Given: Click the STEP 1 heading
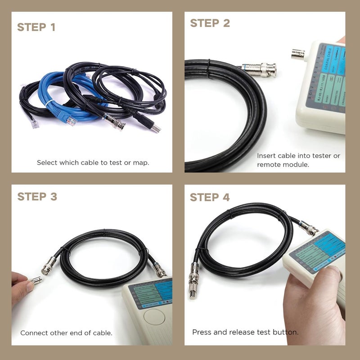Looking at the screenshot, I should [x=36, y=27].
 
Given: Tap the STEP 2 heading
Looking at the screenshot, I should [x=210, y=23].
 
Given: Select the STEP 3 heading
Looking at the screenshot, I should [x=37, y=197].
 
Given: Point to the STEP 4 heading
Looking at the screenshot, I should [x=210, y=197].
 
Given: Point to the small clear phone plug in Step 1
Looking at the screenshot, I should [x=34, y=123].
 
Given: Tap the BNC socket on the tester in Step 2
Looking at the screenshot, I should [x=298, y=54].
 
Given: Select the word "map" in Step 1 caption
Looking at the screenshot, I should [x=141, y=162].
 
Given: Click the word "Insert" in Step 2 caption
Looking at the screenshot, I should [x=266, y=156].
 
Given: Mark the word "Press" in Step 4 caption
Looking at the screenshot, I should [x=201, y=332].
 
